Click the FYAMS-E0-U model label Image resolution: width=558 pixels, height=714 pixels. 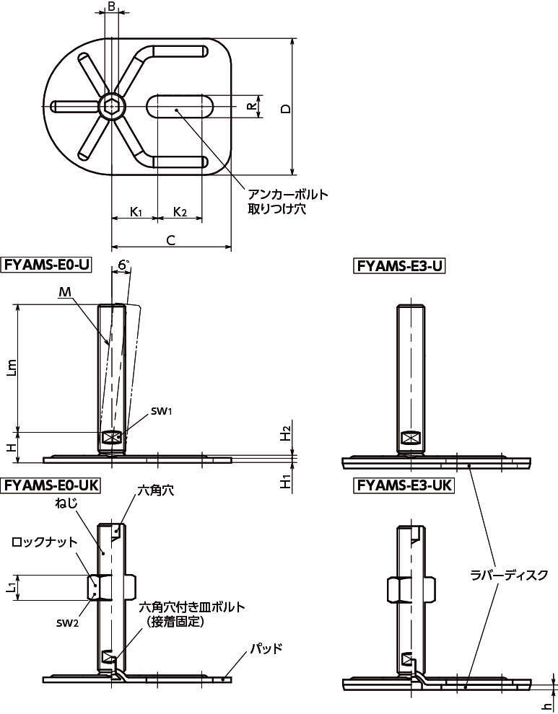[x=48, y=265]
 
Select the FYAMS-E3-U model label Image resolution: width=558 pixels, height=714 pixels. [x=399, y=265]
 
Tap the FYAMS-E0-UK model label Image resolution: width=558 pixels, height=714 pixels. [x=51, y=485]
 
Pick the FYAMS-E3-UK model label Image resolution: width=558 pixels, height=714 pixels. [x=404, y=485]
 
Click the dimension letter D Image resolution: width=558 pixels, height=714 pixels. [x=285, y=109]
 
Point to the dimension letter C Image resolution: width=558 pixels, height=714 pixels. [x=170, y=240]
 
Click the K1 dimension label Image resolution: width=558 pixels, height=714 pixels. [x=136, y=212]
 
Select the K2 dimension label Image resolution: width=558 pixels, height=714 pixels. [x=180, y=212]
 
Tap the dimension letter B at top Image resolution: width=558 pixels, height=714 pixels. [x=110, y=6]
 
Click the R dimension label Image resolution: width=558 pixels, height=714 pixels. [x=251, y=107]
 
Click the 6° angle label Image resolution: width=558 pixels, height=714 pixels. [x=124, y=265]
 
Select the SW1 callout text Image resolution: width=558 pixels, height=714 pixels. [x=162, y=412]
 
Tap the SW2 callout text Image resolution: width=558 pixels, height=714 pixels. [x=67, y=624]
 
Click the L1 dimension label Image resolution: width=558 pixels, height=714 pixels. [x=12, y=587]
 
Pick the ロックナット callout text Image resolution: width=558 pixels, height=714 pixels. [x=44, y=542]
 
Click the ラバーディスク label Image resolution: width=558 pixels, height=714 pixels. [x=509, y=575]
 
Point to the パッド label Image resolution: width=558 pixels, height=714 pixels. [x=266, y=648]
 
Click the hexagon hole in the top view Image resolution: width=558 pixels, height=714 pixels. [x=110, y=107]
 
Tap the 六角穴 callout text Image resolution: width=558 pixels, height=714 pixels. [x=155, y=490]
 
